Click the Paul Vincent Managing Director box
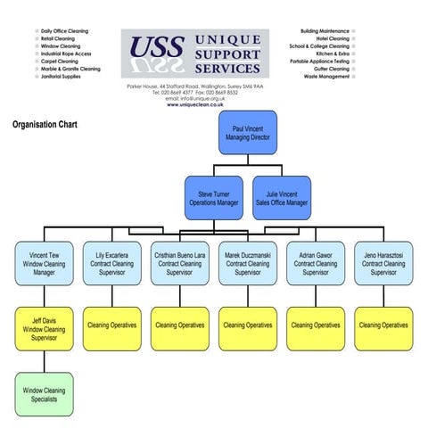[248, 134]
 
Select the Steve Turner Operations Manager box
[214, 198]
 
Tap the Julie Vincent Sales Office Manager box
[282, 198]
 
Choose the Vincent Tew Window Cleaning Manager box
[44, 264]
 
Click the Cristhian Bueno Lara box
[180, 264]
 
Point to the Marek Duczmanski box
[248, 264]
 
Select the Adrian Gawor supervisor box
[316, 264]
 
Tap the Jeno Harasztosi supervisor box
[383, 264]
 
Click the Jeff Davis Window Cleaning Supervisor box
[44, 329]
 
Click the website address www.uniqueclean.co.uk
[194, 104]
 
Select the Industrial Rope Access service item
[66, 53]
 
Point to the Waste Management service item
[326, 77]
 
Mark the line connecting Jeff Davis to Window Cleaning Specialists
[44, 362]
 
